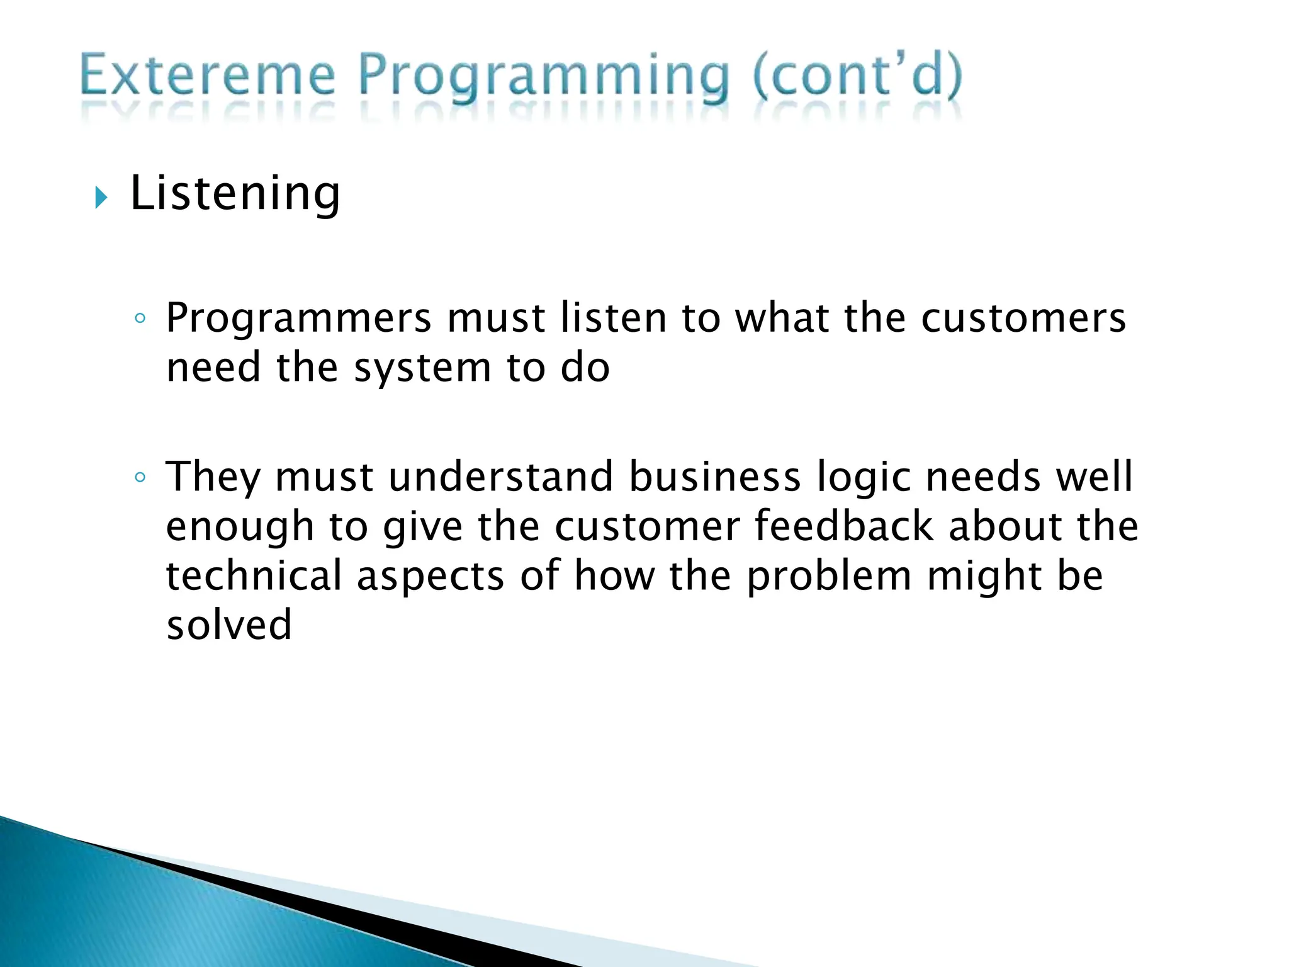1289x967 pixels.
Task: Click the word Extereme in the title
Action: [x=208, y=77]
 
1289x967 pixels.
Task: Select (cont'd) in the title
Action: [x=857, y=77]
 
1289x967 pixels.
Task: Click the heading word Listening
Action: [x=235, y=193]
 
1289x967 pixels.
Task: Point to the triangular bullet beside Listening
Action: [x=101, y=198]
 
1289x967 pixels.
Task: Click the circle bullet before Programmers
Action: [x=140, y=319]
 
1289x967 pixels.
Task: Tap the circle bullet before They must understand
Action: [x=140, y=478]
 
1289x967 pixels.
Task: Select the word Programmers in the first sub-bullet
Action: [x=298, y=318]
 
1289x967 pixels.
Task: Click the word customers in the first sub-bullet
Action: [x=1023, y=318]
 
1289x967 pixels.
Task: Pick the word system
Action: [x=422, y=368]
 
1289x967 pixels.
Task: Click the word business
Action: [x=714, y=477]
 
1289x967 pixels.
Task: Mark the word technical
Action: [x=254, y=575]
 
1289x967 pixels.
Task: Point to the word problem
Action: [x=829, y=577]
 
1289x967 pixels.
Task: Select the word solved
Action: [x=229, y=625]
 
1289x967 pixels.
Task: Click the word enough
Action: [x=240, y=528]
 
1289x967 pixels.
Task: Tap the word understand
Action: [x=500, y=477]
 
